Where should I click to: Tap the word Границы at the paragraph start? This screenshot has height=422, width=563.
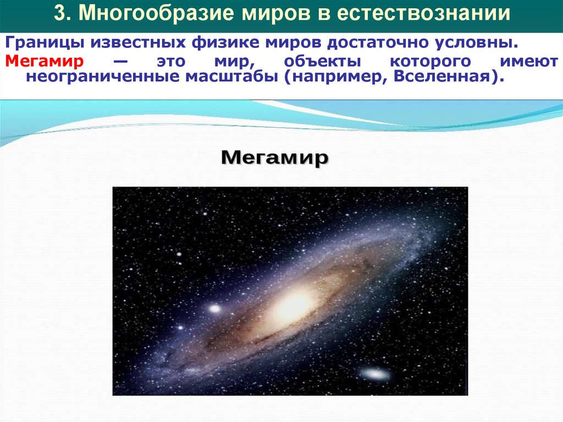pyautogui.click(x=40, y=43)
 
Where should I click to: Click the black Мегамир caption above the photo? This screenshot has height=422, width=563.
pyautogui.click(x=274, y=159)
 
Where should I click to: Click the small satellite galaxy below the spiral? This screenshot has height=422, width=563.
pyautogui.click(x=375, y=374)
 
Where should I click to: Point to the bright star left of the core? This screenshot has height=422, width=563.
pyautogui.click(x=213, y=309)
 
